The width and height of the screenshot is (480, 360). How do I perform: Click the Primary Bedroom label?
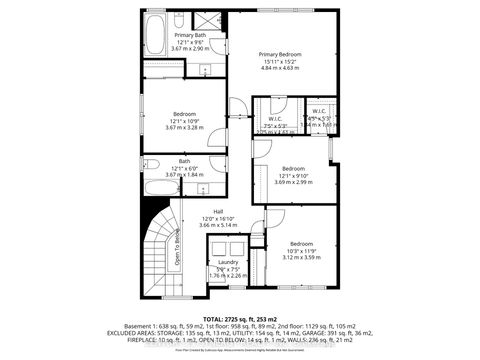tap(280, 54)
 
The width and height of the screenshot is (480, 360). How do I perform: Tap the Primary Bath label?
tap(182, 35)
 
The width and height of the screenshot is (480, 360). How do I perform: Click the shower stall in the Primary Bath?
tap(209, 22)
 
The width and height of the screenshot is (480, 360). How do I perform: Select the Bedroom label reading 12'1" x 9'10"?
tap(293, 168)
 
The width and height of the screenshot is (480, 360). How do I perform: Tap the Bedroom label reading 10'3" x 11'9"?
tap(301, 244)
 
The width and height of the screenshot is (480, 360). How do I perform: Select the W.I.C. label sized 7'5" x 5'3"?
tap(267, 111)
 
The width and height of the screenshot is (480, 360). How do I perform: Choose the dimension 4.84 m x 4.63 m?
tap(280, 68)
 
